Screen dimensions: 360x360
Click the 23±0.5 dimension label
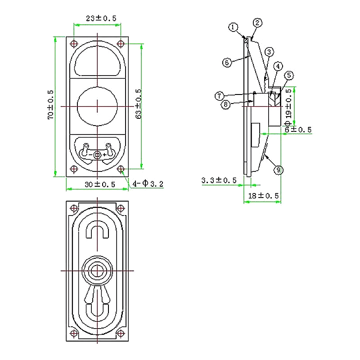click(101, 18)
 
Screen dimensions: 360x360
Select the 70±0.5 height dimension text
click(50, 104)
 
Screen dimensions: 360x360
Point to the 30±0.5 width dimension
click(100, 184)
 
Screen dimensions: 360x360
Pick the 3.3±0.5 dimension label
click(219, 180)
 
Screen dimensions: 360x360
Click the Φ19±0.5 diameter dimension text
click(288, 106)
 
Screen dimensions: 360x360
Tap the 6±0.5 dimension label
click(298, 130)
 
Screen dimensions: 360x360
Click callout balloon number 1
click(233, 27)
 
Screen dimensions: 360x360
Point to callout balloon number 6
click(227, 63)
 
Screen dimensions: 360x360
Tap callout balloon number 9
click(278, 170)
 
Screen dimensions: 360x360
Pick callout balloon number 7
click(219, 95)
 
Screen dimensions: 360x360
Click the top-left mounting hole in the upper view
click(74, 44)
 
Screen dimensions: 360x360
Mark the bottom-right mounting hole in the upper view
click(121, 169)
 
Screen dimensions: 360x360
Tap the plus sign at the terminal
click(104, 155)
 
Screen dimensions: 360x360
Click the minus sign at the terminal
click(90, 155)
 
